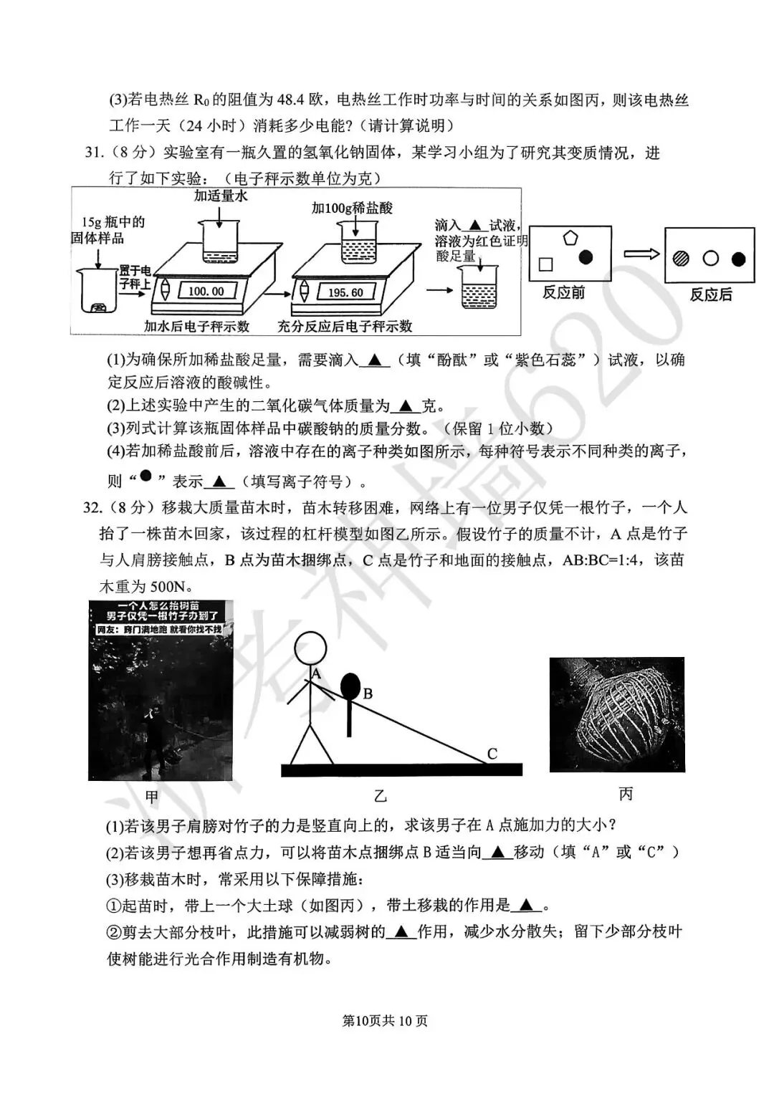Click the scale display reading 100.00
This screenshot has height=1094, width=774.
coord(206,292)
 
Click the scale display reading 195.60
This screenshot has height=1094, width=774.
coord(345,292)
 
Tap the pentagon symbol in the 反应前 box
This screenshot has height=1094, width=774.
coord(570,238)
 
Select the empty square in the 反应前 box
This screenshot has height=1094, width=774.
coord(546,264)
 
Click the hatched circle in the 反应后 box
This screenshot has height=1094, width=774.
coord(681,259)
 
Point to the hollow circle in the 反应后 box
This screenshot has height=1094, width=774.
coord(710,259)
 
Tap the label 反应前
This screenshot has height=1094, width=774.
coord(563,292)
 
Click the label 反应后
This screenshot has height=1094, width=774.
coord(710,294)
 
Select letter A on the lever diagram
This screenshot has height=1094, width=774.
coord(316,673)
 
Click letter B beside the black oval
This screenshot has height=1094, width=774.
coord(368,694)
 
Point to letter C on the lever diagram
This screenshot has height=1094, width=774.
coord(492,754)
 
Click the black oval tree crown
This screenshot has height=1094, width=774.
coord(350,686)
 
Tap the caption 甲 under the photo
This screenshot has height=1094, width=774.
coord(152,796)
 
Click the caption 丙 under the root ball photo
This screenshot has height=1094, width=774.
coord(626,794)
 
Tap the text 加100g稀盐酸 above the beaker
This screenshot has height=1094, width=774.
coord(352,208)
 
